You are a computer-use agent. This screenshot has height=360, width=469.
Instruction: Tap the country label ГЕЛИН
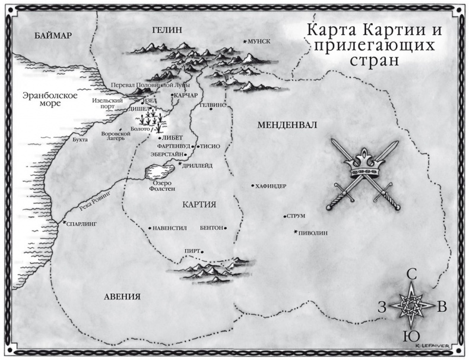166,30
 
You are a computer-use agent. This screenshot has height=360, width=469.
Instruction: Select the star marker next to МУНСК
245,41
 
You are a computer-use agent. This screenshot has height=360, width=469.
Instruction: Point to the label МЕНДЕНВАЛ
287,125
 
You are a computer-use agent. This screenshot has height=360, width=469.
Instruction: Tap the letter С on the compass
411,274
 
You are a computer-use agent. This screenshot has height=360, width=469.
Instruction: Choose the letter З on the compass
382,307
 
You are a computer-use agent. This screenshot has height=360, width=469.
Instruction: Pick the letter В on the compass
442,307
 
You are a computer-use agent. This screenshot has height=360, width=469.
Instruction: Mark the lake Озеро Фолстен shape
158,172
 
